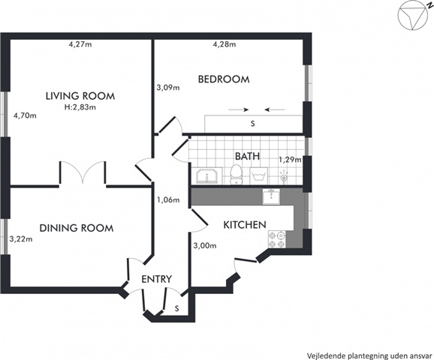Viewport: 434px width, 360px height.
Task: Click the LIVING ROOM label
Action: click(80, 96)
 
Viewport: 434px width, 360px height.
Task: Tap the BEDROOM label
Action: click(224, 79)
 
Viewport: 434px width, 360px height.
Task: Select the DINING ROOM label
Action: click(77, 228)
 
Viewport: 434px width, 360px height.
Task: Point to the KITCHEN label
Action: click(245, 225)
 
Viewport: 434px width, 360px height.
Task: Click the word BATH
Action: click(247, 156)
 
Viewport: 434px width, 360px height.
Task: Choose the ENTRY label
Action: click(157, 279)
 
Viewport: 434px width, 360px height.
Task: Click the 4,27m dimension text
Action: click(80, 44)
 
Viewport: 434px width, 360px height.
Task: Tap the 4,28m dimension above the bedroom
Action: click(225, 44)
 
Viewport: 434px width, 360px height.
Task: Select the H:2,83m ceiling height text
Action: click(80, 107)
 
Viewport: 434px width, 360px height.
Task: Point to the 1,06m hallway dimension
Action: click(168, 199)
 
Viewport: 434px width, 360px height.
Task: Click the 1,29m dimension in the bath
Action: click(290, 160)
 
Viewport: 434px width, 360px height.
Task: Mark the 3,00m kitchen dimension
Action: click(205, 245)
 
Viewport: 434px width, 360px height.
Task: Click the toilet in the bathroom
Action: click(236, 174)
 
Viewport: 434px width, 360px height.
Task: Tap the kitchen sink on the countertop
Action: click(271, 196)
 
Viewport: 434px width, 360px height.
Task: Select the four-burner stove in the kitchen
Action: click(277, 240)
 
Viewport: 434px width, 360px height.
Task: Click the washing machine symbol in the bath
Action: click(258, 175)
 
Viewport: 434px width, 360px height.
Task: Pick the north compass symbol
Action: click(411, 15)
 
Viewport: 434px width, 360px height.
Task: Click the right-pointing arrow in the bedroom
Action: click(238, 110)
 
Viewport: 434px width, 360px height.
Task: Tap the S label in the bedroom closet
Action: click(252, 124)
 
